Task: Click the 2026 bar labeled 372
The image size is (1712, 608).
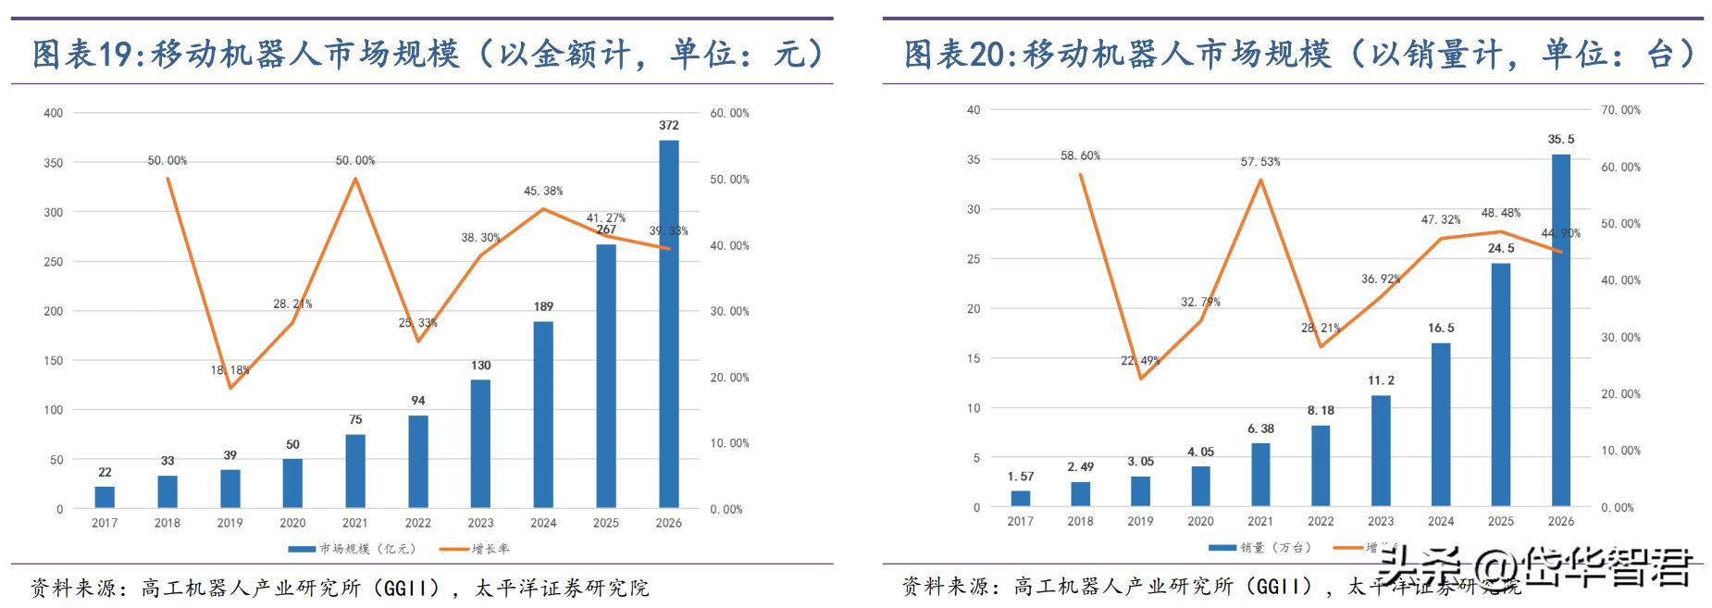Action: click(x=668, y=324)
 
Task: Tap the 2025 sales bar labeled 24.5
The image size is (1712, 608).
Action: click(x=1500, y=385)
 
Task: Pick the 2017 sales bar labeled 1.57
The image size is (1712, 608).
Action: click(x=1020, y=499)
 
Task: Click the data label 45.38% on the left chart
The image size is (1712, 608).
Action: click(x=543, y=192)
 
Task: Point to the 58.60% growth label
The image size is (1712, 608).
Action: click(x=1080, y=156)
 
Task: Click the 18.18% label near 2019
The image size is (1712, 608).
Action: click(x=230, y=370)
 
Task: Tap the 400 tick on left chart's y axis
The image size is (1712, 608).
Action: click(x=54, y=113)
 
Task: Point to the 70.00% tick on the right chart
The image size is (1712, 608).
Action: click(x=1620, y=110)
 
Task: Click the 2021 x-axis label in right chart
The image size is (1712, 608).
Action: click(x=1259, y=521)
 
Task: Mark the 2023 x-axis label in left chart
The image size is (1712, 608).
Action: click(x=480, y=523)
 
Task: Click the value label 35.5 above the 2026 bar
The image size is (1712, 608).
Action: click(x=1560, y=140)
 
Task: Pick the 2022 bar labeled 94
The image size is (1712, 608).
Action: click(x=418, y=462)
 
